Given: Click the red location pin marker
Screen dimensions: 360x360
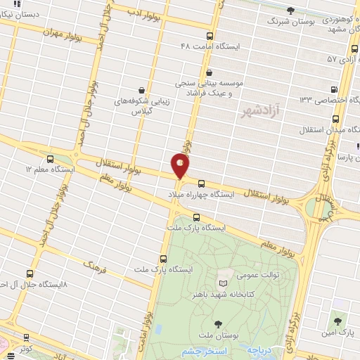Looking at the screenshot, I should click(x=180, y=166).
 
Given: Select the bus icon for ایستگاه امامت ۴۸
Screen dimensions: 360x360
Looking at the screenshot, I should click(x=210, y=36).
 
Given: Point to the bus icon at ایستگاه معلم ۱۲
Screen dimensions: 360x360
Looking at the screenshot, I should click(x=49, y=160).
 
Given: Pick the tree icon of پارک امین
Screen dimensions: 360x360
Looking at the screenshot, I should click(x=338, y=321).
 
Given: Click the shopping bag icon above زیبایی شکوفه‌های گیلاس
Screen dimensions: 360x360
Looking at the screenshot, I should click(x=143, y=91).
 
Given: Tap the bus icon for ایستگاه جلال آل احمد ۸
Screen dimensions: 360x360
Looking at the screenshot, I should click(x=30, y=274).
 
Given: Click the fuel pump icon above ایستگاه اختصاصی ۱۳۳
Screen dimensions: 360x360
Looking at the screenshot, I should click(x=333, y=89).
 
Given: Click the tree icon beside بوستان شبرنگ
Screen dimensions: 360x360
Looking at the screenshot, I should click(x=291, y=10).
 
